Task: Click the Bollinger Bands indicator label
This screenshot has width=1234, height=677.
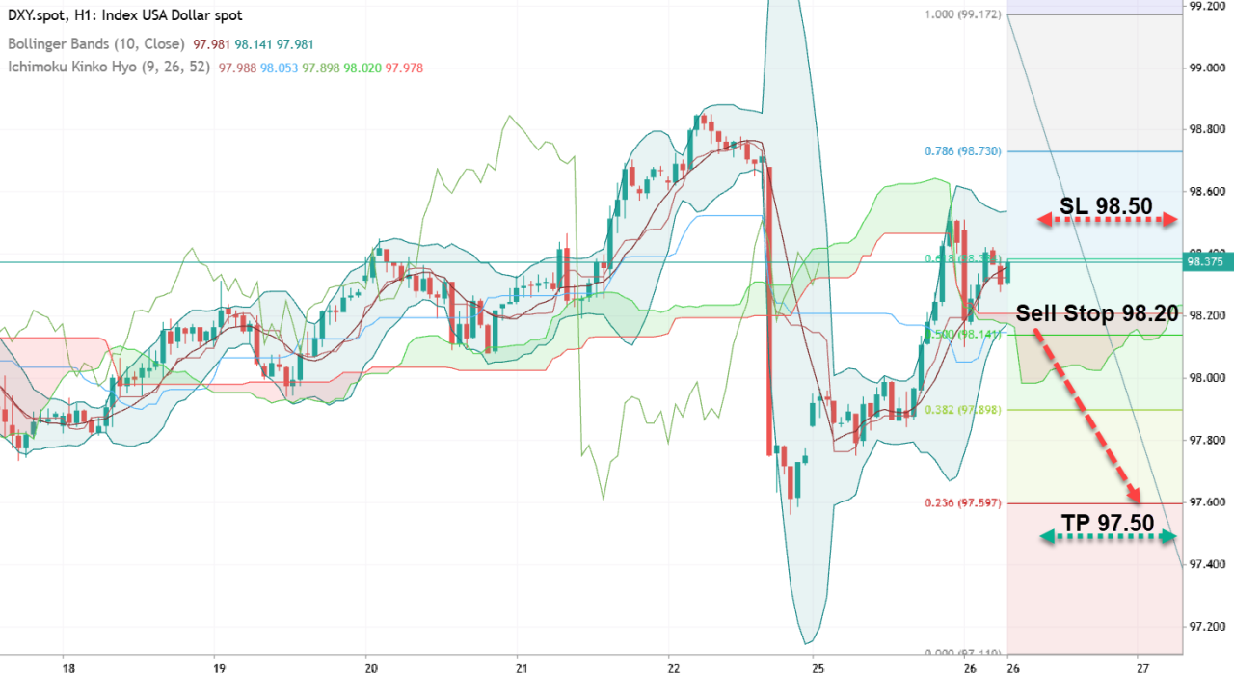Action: coord(95,44)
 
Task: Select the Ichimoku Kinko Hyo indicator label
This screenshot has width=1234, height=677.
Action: coord(109,68)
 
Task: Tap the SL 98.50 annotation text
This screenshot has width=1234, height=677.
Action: coord(1106,205)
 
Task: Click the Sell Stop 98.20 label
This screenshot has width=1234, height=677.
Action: coord(1097,314)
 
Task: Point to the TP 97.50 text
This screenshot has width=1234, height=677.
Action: coord(1107,523)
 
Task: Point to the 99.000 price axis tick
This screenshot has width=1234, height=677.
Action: coord(1206,68)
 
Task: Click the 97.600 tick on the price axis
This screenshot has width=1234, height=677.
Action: coord(1206,502)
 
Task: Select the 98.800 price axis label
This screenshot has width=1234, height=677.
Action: coord(1206,130)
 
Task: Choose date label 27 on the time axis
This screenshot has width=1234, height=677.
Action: coord(1140,668)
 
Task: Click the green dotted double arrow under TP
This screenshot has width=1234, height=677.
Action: coord(1108,537)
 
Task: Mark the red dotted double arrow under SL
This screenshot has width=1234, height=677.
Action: coord(1108,221)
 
